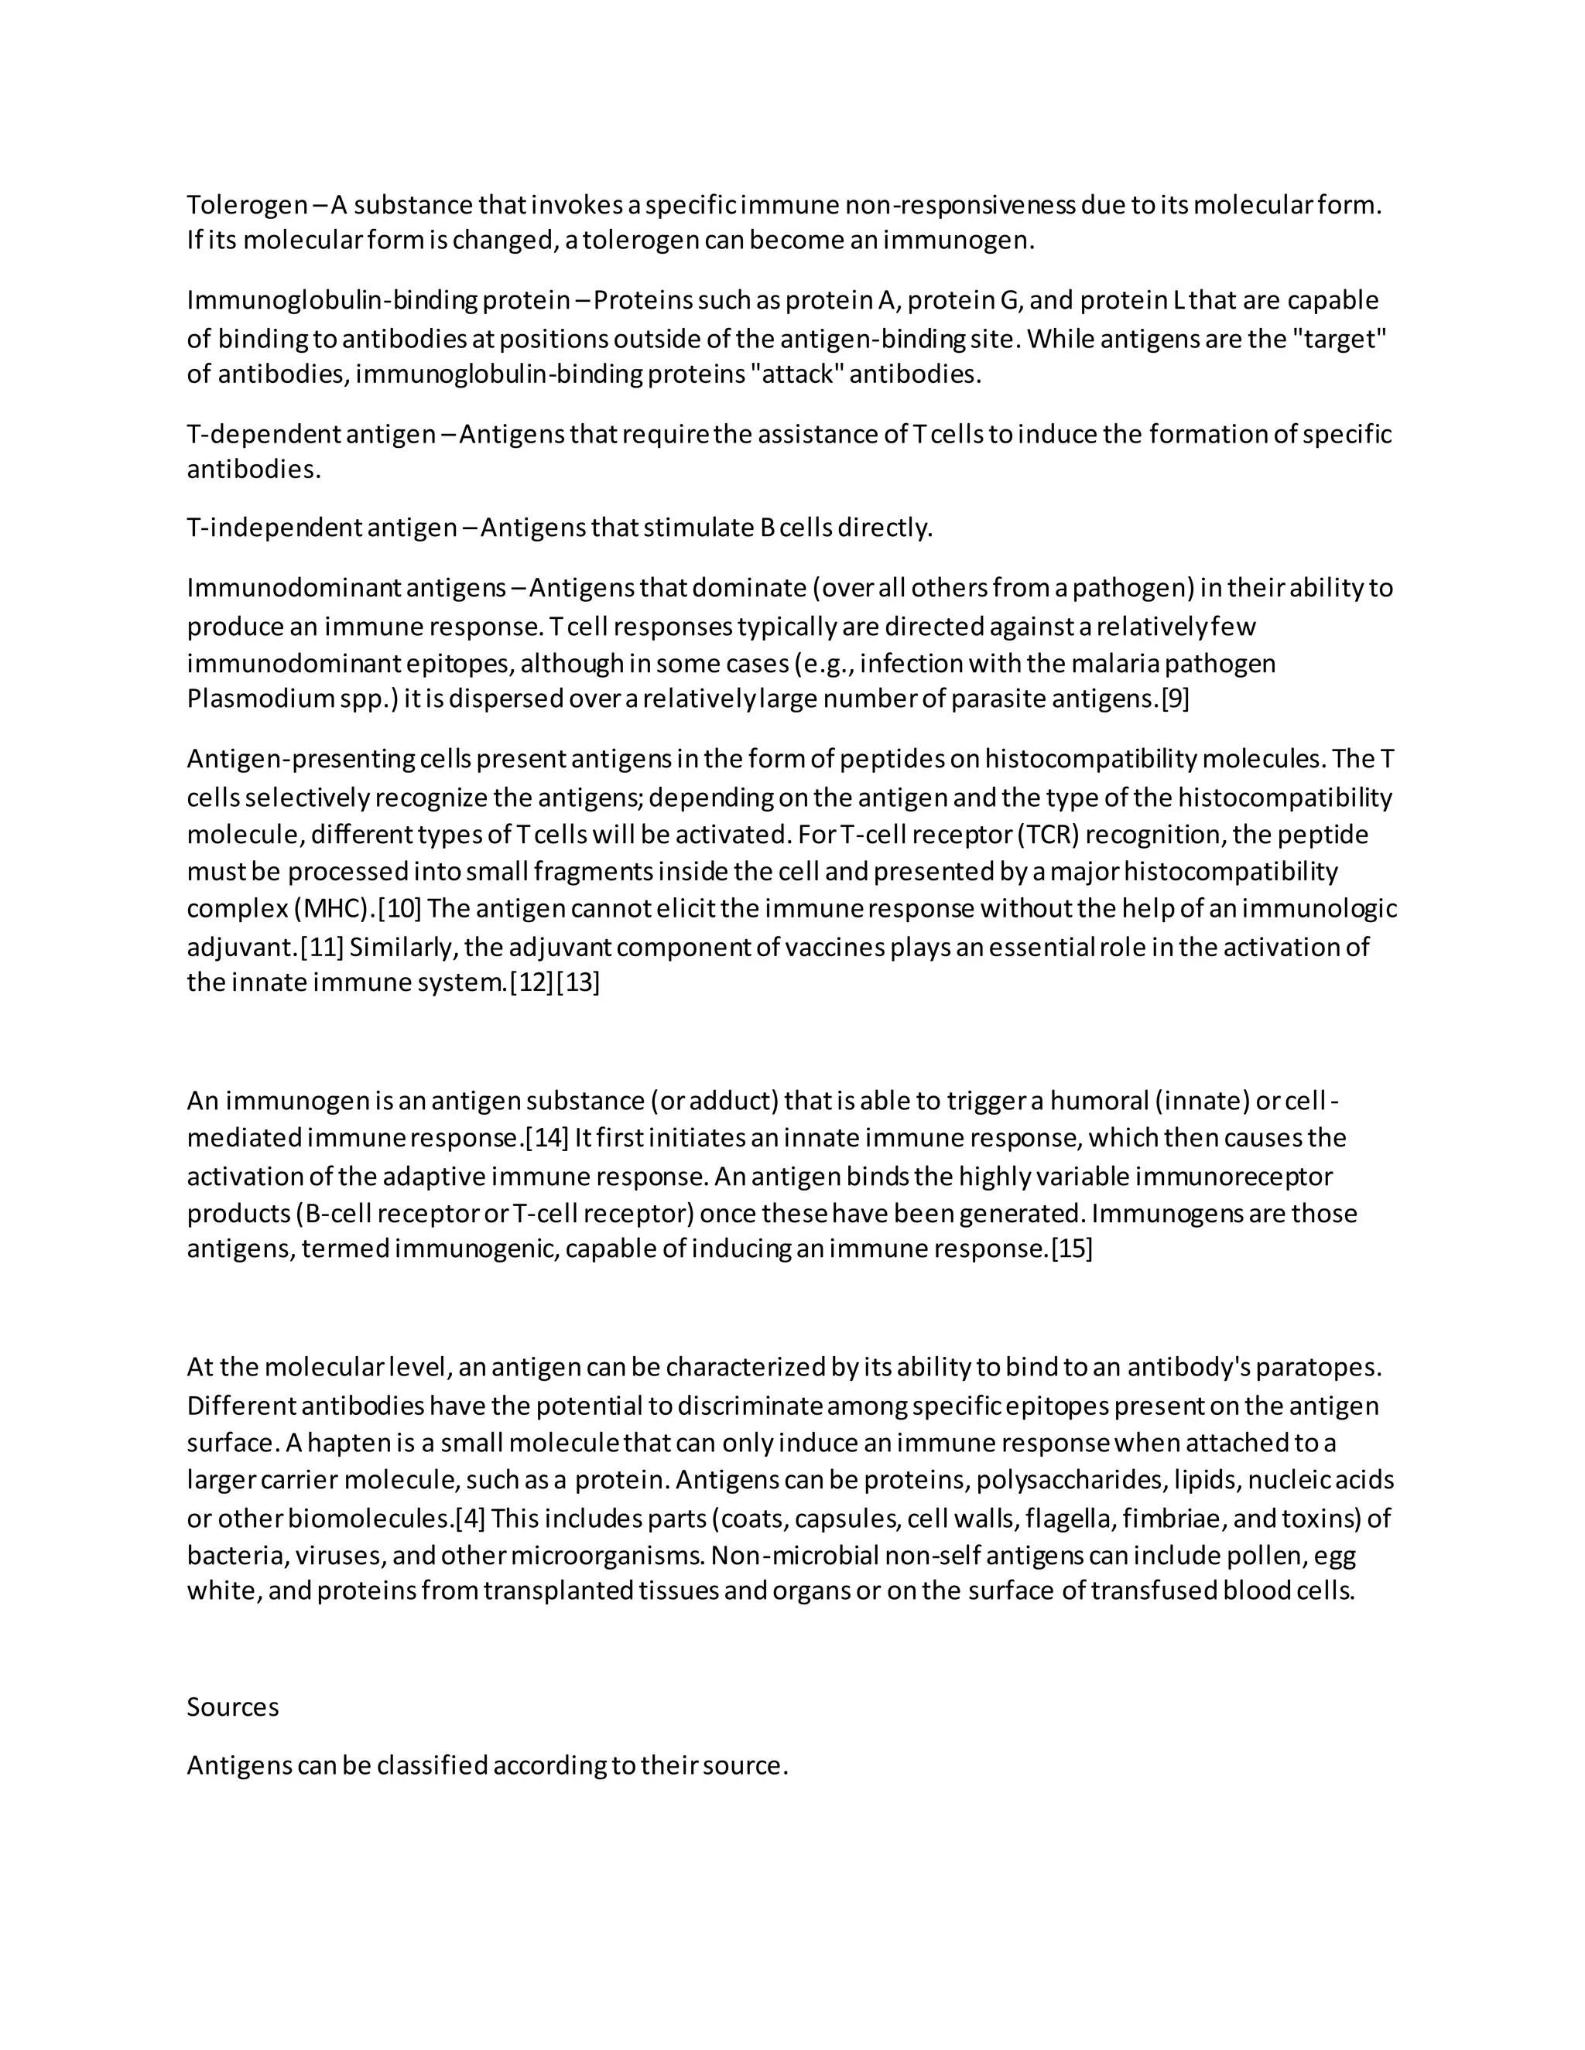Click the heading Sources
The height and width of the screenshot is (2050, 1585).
tap(233, 1707)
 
